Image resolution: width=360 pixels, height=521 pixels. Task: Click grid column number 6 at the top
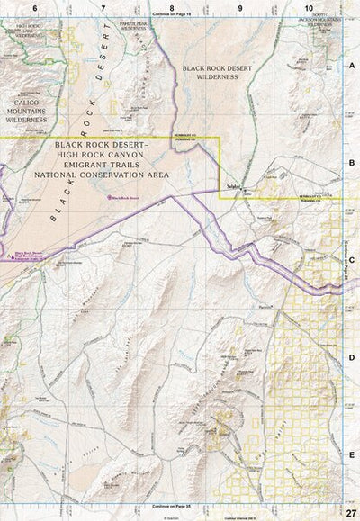point(34,7)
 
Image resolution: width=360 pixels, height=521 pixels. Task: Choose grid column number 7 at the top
point(103,7)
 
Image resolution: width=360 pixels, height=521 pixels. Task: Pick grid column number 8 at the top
point(171,7)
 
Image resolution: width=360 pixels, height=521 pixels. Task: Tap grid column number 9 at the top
point(240,7)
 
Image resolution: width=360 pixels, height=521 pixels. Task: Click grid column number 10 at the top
point(309,7)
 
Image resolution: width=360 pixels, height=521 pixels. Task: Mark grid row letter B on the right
point(352,163)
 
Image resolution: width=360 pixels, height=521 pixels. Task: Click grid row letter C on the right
point(352,260)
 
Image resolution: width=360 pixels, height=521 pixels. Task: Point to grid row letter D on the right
point(352,357)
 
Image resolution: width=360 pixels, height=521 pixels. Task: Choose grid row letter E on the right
point(352,454)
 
